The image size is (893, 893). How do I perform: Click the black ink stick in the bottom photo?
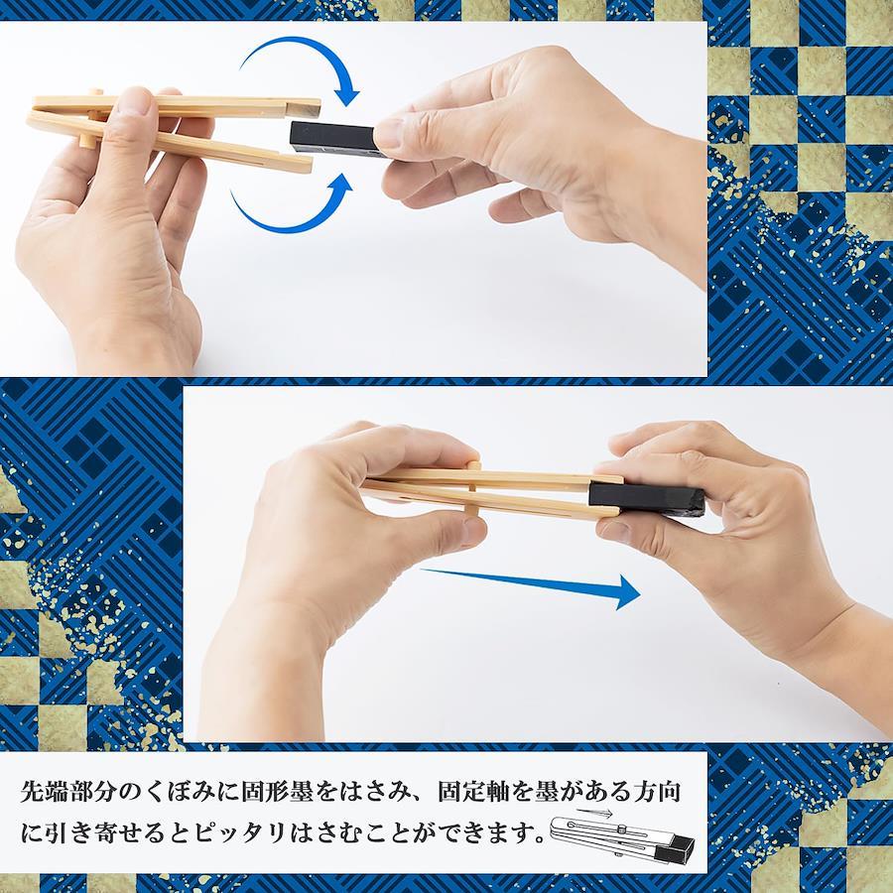[646, 498]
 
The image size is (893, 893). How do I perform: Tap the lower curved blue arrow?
[294, 206]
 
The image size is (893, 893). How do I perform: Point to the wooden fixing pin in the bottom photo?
[472, 489]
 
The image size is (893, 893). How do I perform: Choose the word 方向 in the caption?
[657, 792]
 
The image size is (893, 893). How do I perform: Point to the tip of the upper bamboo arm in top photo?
[319, 107]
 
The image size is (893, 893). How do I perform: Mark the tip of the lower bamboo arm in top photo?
[311, 165]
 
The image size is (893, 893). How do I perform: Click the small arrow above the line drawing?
[594, 812]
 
